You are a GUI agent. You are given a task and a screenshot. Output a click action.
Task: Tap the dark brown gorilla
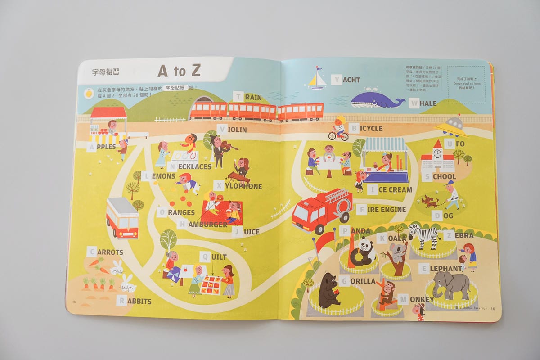(329, 291)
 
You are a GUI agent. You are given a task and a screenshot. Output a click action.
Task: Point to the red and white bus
(122, 218)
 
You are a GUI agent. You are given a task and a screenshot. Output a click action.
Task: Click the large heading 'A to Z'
(179, 71)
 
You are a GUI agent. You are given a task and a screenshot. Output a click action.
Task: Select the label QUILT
(213, 257)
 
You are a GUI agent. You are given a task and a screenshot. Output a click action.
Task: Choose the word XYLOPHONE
(238, 186)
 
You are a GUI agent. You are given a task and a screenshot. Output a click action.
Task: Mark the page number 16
(492, 309)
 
